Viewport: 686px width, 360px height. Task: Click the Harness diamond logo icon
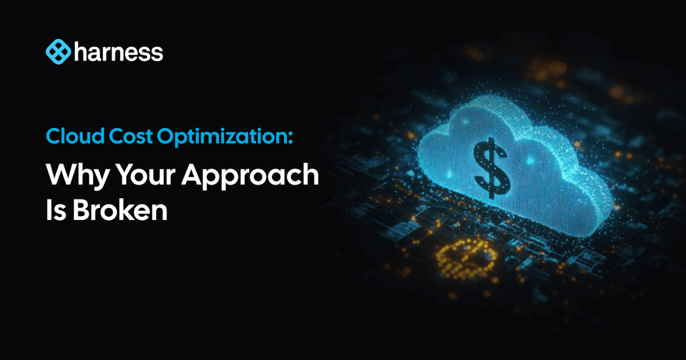tap(59, 52)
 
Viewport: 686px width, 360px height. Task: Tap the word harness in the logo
tap(119, 52)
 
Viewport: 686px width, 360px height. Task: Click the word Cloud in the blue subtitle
tap(75, 136)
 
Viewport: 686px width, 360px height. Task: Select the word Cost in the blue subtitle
tap(131, 136)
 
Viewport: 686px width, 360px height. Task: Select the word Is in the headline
tap(56, 210)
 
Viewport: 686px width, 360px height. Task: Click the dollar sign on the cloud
tap(492, 168)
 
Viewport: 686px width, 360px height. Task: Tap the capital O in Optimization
tap(167, 136)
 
